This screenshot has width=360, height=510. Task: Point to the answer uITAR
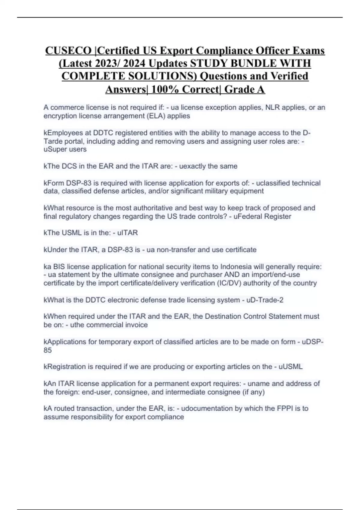(x=127, y=233)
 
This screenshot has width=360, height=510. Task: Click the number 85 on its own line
(x=48, y=350)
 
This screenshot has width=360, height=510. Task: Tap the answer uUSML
(x=290, y=367)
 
